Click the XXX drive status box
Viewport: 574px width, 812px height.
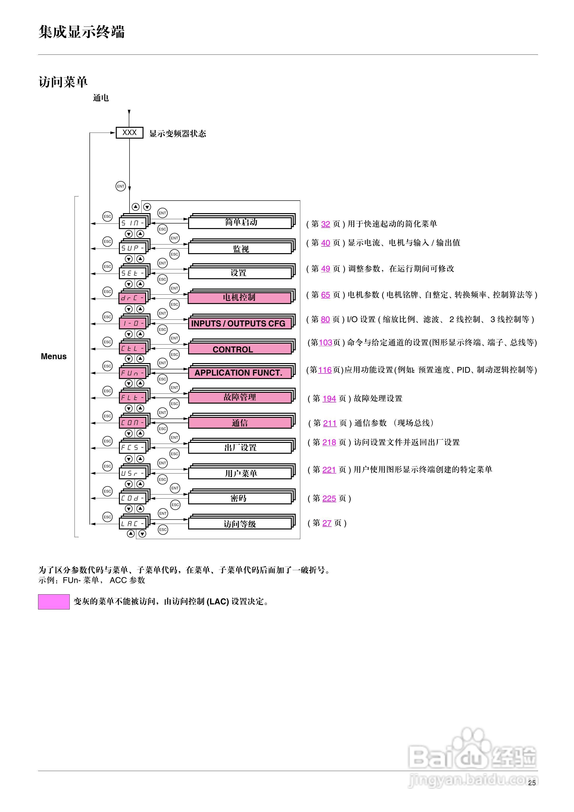130,133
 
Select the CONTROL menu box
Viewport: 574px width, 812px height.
240,349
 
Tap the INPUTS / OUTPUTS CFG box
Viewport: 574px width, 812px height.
240,324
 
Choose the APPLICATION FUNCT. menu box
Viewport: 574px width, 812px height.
240,373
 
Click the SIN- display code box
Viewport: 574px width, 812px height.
133,223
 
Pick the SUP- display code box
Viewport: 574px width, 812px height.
133,248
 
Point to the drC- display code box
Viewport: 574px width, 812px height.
133,298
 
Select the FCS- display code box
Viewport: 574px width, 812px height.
133,448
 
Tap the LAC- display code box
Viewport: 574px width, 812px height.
133,524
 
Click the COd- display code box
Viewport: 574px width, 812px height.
133,498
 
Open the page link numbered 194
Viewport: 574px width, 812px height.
329,399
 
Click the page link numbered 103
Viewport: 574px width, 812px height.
325,342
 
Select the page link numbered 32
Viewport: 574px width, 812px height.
326,224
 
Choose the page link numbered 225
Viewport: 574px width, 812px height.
329,498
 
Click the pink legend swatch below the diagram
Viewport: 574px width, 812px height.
54,602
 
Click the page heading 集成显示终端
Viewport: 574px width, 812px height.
81,32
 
